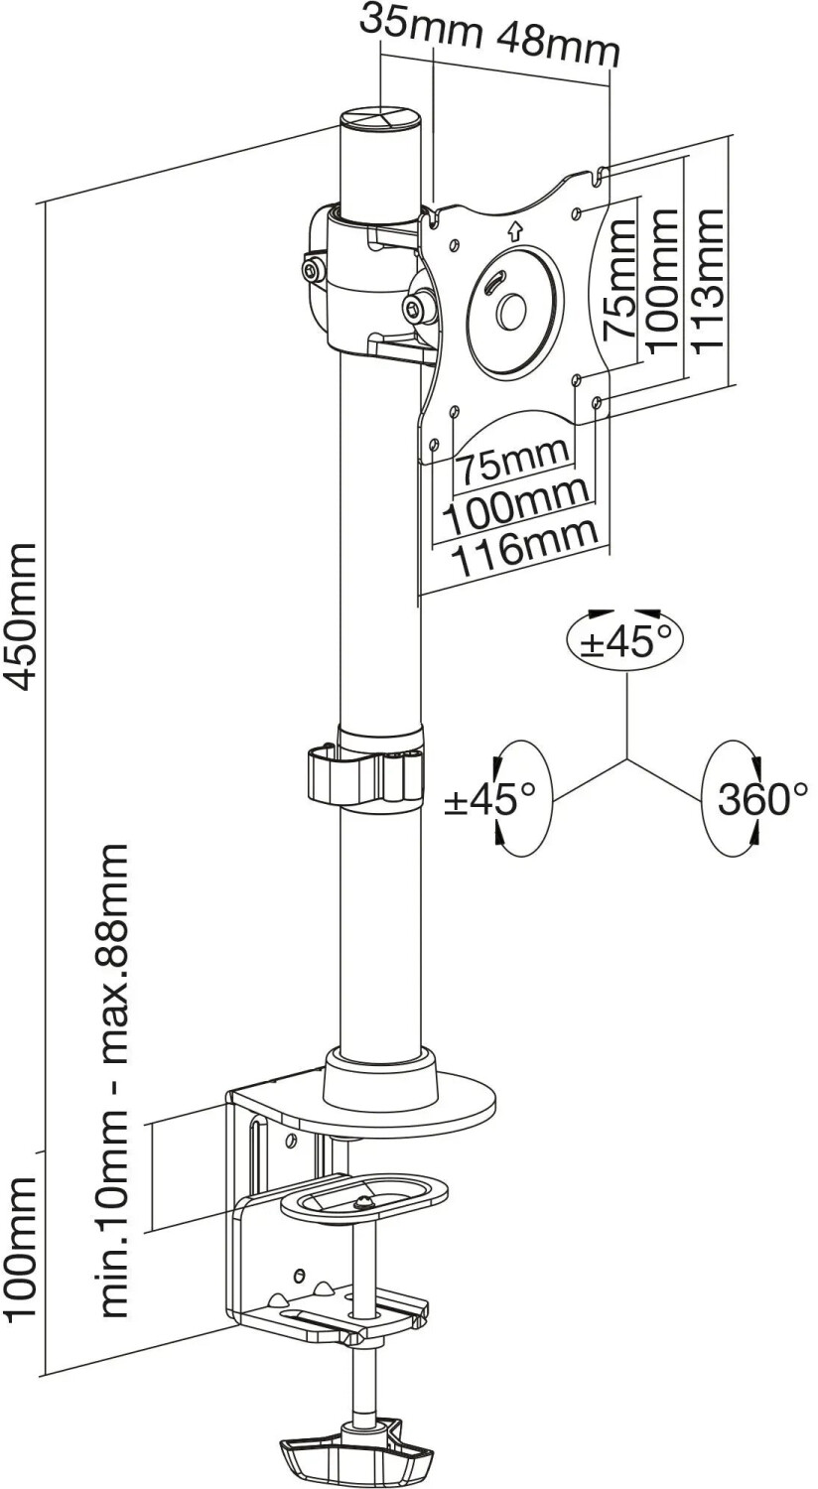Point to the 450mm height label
coord(21,615)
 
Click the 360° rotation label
coord(762,798)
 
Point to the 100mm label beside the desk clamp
coord(21,1249)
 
